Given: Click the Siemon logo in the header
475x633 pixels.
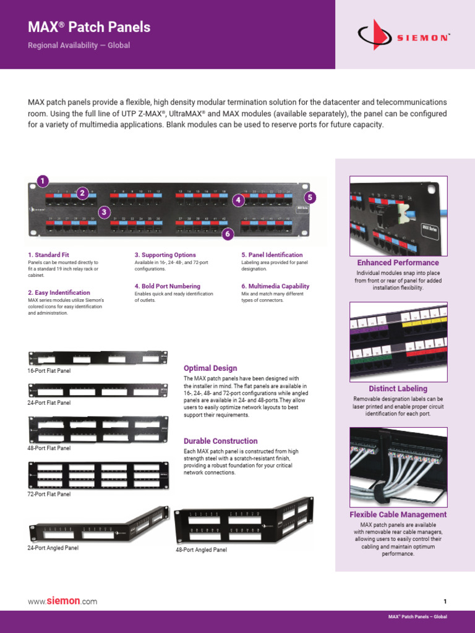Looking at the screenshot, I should pos(404,35).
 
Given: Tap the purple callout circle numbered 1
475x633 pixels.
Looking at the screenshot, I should pos(42,181).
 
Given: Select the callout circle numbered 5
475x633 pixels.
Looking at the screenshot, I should pos(310,198).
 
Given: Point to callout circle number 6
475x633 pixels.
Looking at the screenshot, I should pos(228,234).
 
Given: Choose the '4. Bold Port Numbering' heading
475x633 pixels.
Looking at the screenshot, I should pos(168,286).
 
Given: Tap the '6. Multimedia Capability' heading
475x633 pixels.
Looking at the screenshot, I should pos(275,286).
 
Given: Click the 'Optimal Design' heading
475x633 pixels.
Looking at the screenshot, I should pos(210,368).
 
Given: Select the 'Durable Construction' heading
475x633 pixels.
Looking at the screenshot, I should pos(221,441).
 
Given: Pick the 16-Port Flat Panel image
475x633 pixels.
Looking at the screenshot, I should pos(98,358).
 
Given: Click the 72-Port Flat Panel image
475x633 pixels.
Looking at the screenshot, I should pos(98,475).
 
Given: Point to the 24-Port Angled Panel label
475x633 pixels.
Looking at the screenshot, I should pos(53,548).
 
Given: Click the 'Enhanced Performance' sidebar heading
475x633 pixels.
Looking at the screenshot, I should pos(398,263).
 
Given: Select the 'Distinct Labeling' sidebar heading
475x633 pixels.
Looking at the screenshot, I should pos(398,389).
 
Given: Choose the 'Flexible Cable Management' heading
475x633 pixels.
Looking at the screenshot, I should pos(398,514).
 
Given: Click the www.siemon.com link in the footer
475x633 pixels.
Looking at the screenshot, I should pos(62,601).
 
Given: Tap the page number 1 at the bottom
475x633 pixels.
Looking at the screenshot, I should pos(445,601).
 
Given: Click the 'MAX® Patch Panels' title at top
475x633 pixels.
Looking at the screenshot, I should pos(90,27).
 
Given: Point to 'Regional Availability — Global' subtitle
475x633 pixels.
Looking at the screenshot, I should pos(79,46).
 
